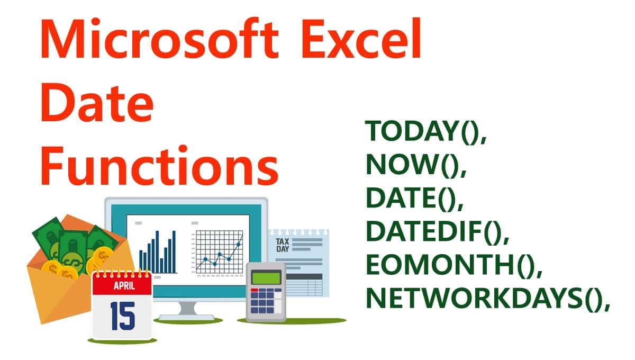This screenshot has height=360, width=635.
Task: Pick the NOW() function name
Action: (x=415, y=166)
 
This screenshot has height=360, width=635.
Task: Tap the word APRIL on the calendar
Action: (x=122, y=286)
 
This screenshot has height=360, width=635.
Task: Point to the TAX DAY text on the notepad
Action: (x=283, y=245)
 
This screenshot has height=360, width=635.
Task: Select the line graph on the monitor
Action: (x=219, y=253)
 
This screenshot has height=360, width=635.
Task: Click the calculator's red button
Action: (x=255, y=291)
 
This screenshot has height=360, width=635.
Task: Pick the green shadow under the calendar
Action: (x=122, y=341)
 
